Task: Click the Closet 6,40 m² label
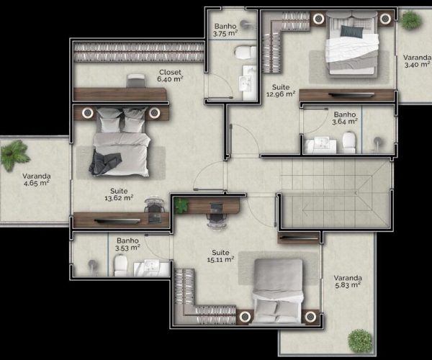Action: pos(170,76)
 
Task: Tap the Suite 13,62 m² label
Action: pos(119,194)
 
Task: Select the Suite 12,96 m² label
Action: pos(281,91)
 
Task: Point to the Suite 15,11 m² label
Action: pos(221,256)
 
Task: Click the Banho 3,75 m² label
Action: pos(225,30)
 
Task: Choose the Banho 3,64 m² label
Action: pos(345,118)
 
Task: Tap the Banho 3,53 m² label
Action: pos(127,244)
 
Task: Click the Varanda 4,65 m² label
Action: pos(37,179)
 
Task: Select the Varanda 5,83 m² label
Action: pos(348,282)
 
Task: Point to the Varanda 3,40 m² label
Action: pos(417,61)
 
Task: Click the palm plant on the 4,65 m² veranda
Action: pos(14,155)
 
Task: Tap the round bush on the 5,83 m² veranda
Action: pos(360,341)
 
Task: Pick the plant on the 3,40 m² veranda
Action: pos(411,20)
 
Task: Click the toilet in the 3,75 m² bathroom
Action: pos(246,52)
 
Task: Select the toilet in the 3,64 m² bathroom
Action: pos(348,143)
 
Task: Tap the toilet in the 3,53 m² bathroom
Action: pos(121,265)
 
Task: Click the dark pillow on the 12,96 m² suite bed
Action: pos(351,32)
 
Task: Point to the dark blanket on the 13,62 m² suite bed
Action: pos(105,163)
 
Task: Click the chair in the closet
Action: pos(135,81)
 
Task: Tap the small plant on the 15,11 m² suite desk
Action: pos(181,205)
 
